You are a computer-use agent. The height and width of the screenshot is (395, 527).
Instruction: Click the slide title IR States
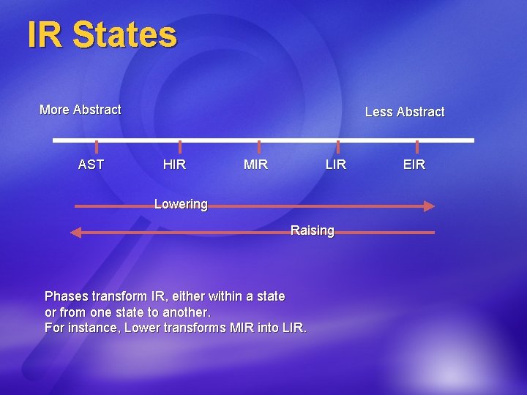[102, 35]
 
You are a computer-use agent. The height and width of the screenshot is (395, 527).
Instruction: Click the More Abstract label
[81, 110]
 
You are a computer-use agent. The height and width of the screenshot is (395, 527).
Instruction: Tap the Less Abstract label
[405, 112]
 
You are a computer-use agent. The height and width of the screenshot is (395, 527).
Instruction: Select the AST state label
[91, 165]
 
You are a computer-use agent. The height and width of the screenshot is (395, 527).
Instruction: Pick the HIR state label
[174, 165]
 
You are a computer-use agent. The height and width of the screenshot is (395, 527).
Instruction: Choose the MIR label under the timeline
[255, 165]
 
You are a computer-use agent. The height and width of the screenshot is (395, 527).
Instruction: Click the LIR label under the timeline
[335, 165]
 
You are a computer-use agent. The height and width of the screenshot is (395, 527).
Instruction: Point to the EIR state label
[414, 165]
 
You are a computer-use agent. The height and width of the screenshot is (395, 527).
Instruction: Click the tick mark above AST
[97, 147]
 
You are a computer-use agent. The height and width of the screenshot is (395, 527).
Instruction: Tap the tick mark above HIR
[180, 147]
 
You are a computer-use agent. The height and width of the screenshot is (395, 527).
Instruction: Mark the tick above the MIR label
[259, 147]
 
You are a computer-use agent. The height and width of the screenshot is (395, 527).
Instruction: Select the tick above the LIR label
[338, 147]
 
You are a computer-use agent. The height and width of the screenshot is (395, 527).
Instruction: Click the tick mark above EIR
[417, 147]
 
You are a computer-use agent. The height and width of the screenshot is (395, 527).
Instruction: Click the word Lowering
[181, 204]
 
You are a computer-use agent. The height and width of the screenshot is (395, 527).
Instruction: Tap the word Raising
[312, 230]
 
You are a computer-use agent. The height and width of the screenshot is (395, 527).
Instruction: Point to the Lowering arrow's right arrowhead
[429, 206]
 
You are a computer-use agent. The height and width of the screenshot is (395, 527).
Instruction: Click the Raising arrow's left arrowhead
[75, 233]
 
